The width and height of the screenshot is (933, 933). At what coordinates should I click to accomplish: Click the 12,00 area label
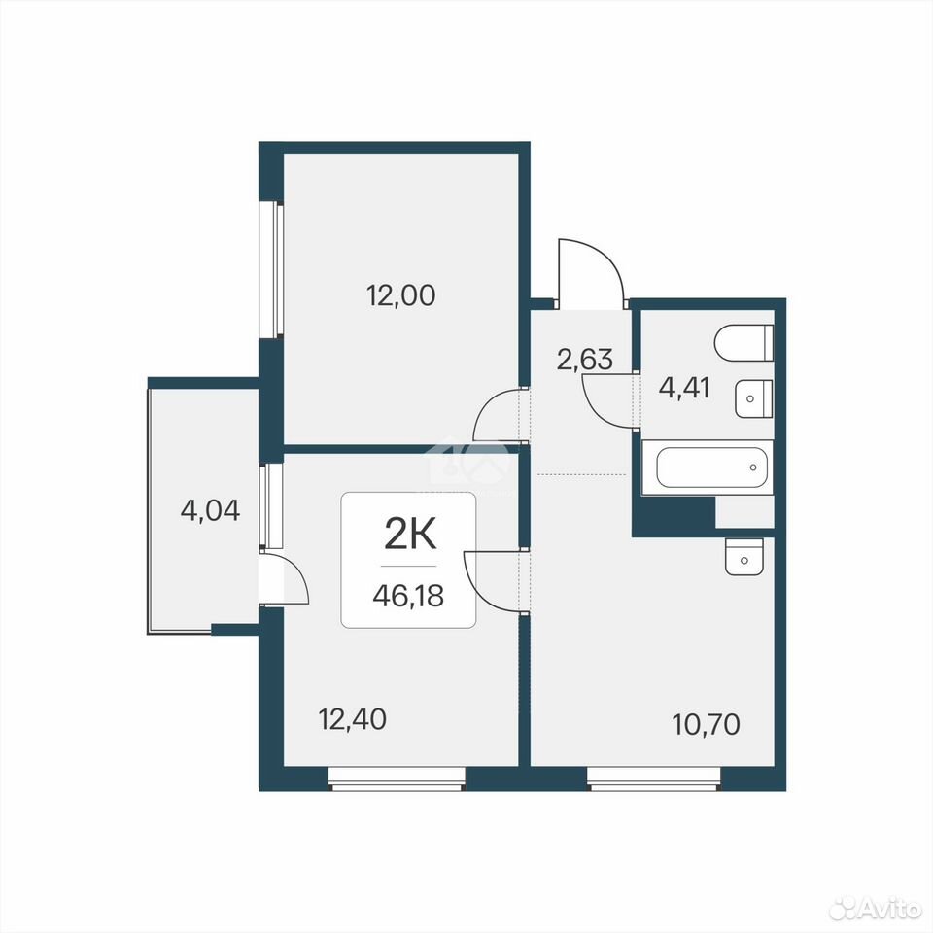click(x=400, y=295)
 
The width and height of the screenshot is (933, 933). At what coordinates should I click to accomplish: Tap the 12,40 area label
click(x=352, y=719)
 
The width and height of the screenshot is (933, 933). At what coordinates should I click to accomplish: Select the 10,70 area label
click(x=706, y=724)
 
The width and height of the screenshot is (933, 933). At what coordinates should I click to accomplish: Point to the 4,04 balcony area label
click(x=210, y=510)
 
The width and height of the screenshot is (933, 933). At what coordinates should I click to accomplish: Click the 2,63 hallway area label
click(x=584, y=360)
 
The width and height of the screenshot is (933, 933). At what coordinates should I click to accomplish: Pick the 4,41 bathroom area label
click(x=684, y=388)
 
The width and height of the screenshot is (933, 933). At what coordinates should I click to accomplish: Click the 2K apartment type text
click(x=410, y=534)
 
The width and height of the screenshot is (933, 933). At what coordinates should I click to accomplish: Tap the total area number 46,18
click(x=408, y=595)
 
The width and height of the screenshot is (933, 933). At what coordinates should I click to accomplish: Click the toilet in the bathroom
click(x=743, y=342)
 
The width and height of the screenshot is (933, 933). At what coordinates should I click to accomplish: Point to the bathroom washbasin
click(x=753, y=398)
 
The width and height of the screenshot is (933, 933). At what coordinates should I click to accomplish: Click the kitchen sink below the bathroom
click(x=743, y=557)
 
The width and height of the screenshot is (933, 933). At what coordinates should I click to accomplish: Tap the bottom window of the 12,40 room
click(x=397, y=778)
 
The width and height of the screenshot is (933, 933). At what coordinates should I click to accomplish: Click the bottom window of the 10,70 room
click(x=654, y=778)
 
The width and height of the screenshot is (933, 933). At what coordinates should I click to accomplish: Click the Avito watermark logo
click(x=876, y=908)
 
